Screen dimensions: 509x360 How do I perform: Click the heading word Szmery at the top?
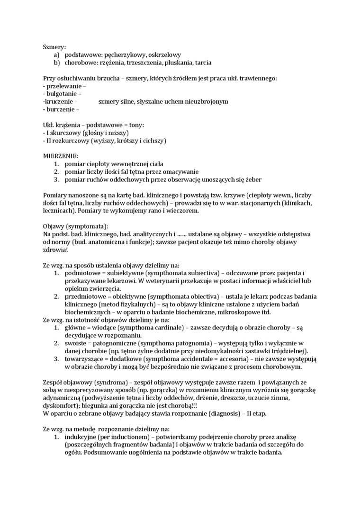pos(54,47)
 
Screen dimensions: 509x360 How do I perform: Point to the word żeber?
pos(252,179)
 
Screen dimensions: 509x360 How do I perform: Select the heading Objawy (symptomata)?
pos(75,226)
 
